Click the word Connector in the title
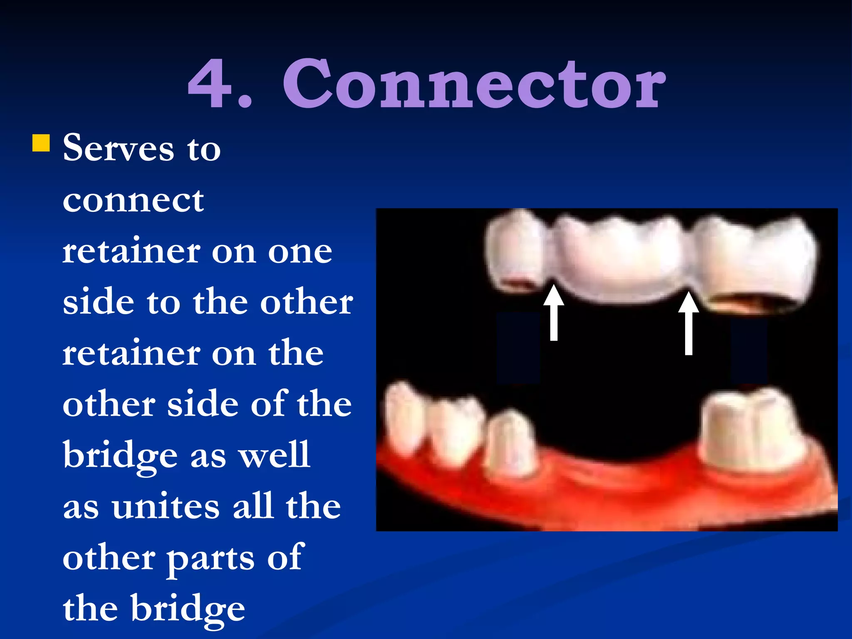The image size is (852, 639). coord(474,84)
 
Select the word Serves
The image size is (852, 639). coord(118,149)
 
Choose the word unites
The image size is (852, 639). coord(165,506)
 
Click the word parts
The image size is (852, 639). coord(210,558)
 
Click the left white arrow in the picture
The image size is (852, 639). coord(554,312)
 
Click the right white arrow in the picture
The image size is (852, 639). coord(689,322)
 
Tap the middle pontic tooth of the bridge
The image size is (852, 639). coord(620,258)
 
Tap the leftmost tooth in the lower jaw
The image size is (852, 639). coord(401,416)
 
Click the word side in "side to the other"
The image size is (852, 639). coord(98,302)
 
